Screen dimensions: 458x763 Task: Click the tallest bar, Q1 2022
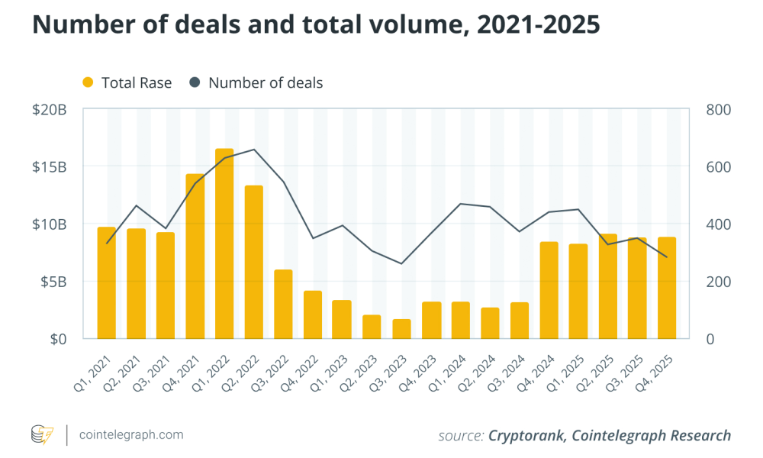224,244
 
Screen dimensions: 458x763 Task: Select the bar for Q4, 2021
195,256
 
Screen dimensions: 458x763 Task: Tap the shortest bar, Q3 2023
401,329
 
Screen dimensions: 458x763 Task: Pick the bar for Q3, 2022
283,304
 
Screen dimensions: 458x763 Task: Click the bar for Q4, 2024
549,290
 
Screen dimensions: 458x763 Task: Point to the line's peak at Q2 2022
254,150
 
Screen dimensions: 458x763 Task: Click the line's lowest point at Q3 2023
401,263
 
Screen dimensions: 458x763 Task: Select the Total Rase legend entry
127,82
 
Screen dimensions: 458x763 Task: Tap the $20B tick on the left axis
50,110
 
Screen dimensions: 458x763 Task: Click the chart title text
316,24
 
